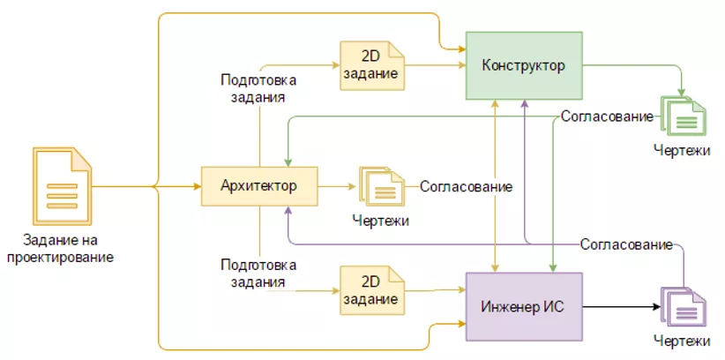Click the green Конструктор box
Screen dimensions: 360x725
click(524, 66)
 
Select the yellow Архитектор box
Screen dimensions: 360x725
click(259, 186)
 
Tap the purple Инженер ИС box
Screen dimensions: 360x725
click(524, 306)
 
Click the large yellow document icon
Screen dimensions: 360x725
click(62, 186)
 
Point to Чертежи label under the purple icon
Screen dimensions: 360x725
click(682, 341)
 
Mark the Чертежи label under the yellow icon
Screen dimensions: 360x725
click(380, 220)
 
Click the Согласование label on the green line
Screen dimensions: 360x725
click(607, 116)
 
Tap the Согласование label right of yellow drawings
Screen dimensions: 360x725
click(466, 186)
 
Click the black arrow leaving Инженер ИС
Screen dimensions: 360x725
click(621, 307)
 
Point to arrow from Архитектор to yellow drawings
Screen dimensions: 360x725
click(336, 186)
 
